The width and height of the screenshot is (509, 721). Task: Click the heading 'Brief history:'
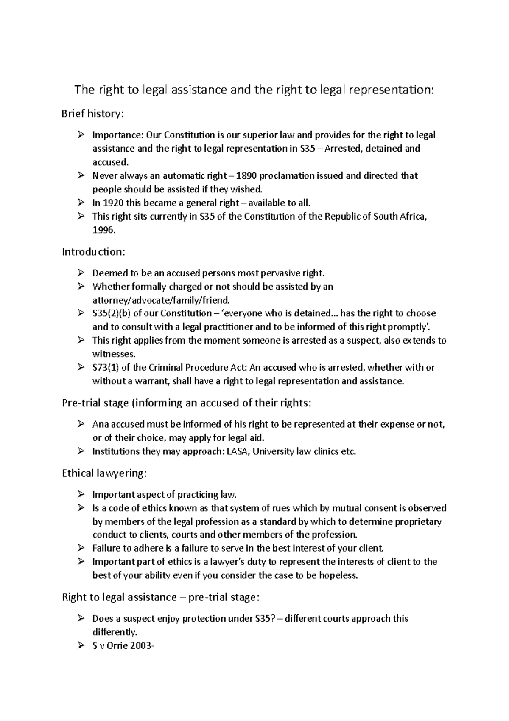[93, 114]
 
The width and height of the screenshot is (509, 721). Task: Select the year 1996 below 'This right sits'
[103, 230]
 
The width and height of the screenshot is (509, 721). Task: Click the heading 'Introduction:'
[94, 252]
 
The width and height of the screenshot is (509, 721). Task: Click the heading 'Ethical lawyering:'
[104, 473]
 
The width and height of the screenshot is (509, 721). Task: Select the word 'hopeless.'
[338, 576]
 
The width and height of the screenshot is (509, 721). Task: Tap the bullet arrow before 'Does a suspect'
[81, 619]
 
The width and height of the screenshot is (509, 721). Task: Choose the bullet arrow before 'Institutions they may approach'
[81, 451]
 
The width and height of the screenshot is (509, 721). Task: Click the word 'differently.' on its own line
[115, 632]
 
